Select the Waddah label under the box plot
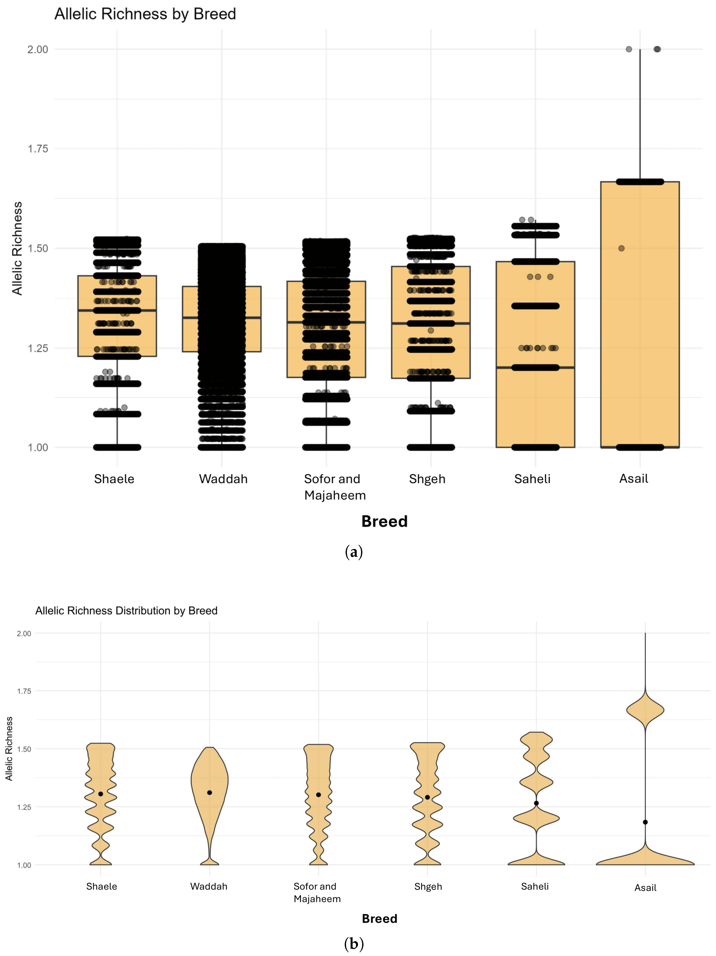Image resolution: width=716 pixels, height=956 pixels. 223,479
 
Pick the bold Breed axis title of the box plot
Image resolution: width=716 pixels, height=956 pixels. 384,521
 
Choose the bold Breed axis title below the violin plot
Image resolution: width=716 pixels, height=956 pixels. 379,918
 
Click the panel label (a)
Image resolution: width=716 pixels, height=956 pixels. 353,552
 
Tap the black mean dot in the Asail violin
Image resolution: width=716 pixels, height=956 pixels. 645,822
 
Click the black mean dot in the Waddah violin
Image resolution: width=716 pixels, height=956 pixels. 210,793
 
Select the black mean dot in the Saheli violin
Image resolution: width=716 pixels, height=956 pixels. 536,803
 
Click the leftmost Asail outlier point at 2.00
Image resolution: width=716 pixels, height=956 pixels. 629,49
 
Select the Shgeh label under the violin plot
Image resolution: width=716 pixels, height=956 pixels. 428,886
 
